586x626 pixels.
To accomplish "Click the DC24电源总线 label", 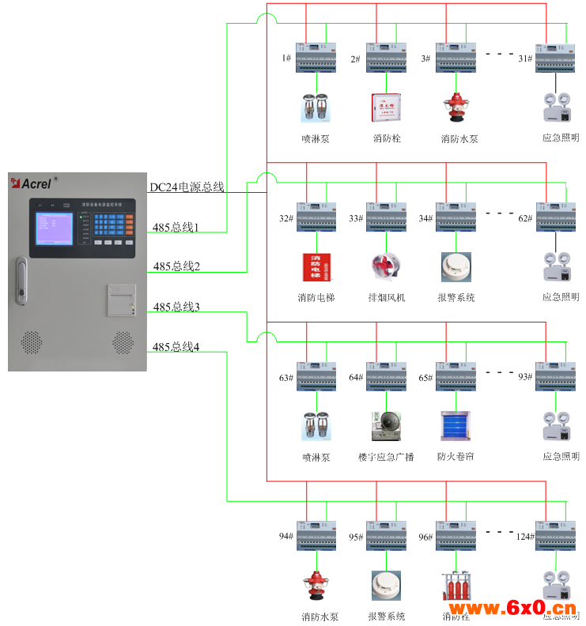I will click(x=187, y=187).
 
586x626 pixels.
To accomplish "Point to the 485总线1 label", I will click(x=176, y=228).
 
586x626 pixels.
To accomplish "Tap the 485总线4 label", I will click(x=176, y=347).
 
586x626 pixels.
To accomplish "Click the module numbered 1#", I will click(x=316, y=58).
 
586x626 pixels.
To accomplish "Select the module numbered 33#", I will click(x=386, y=217).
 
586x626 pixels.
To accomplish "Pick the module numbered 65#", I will click(x=456, y=376).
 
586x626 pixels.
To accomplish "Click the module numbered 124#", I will click(x=556, y=535).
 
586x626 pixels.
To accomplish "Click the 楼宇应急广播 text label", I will click(x=386, y=457).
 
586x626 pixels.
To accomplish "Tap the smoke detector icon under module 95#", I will click(x=386, y=585).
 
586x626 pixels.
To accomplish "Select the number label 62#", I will click(x=525, y=218).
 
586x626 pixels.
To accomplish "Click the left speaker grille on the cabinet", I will click(x=31, y=341).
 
